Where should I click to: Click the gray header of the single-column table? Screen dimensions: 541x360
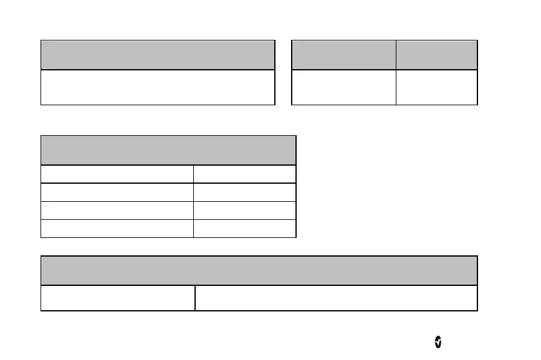(158, 55)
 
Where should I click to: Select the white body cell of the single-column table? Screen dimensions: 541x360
(158, 87)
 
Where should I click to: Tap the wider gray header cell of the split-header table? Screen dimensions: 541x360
(343, 55)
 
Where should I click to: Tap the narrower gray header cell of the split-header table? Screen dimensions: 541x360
(436, 55)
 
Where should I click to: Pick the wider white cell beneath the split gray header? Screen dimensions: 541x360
(343, 87)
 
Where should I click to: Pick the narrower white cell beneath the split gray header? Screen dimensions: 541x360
(436, 87)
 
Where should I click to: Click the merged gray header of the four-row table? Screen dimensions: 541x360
(168, 150)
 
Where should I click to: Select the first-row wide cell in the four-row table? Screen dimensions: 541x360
(117, 174)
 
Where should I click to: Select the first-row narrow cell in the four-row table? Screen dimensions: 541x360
(244, 174)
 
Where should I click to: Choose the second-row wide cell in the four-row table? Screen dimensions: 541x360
(117, 192)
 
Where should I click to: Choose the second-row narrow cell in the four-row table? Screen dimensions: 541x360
(244, 192)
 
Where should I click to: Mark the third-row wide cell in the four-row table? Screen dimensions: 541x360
(117, 210)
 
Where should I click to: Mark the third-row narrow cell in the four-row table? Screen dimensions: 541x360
(244, 210)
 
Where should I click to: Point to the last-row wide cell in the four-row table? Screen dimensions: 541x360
(117, 228)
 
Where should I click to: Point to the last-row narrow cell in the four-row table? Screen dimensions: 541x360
(244, 228)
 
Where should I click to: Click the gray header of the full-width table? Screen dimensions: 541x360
(259, 270)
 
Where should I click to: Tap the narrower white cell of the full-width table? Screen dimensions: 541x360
(118, 298)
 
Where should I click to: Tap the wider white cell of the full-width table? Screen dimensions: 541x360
(336, 298)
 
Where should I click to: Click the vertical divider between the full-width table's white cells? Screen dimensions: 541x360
(194, 298)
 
